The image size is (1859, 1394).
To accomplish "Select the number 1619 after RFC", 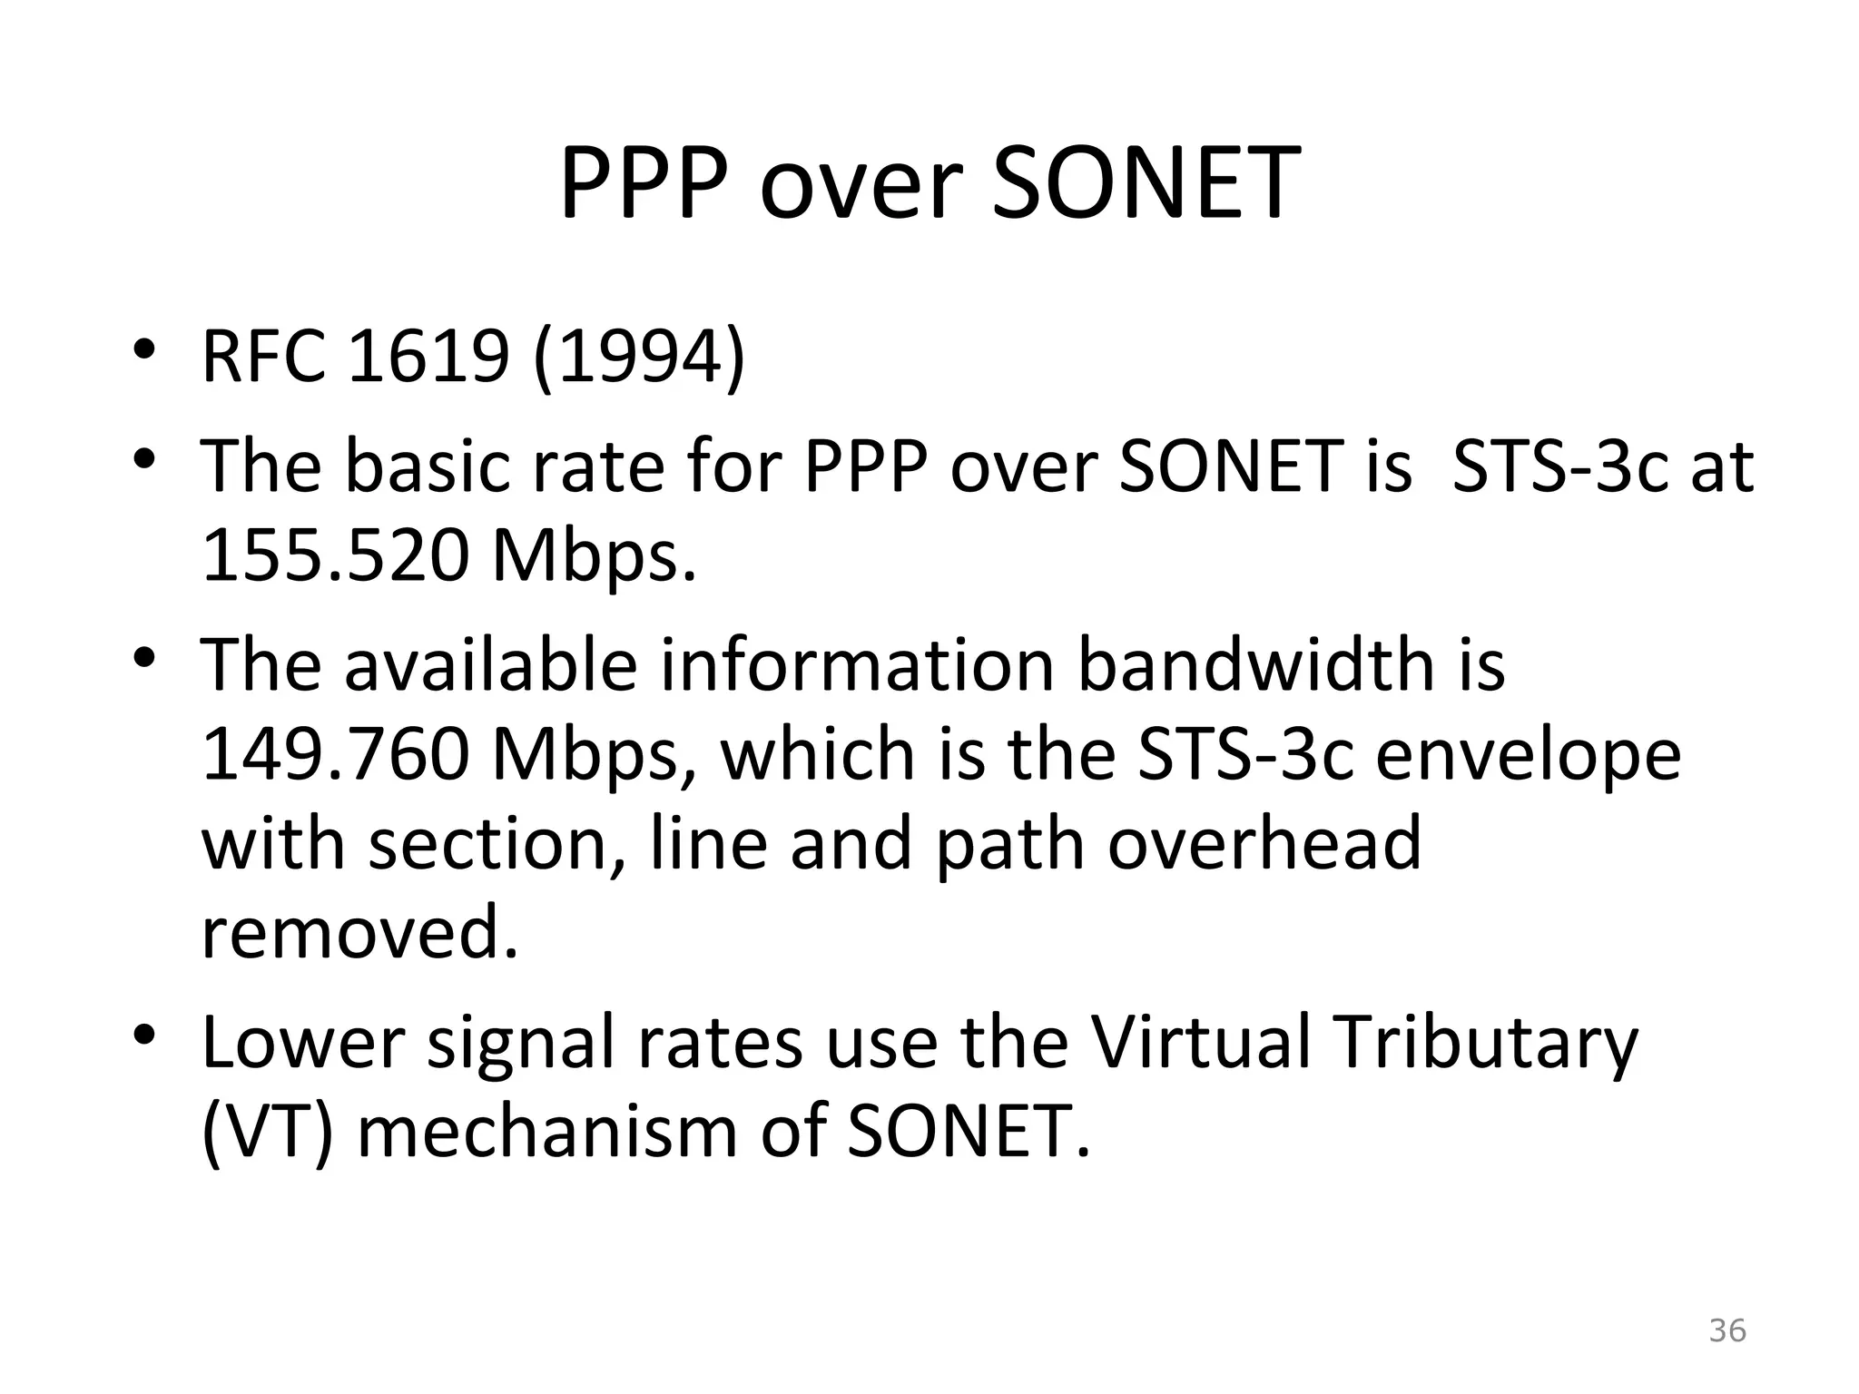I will (428, 357).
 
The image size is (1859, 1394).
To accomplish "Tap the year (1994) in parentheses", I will (639, 357).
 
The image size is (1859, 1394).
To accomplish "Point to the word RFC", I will (263, 357).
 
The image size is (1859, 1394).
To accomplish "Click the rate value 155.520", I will (336, 555).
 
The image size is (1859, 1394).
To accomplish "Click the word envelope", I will (1528, 756).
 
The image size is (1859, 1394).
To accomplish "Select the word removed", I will (359, 933).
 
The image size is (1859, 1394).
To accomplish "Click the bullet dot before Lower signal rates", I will (144, 1036).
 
